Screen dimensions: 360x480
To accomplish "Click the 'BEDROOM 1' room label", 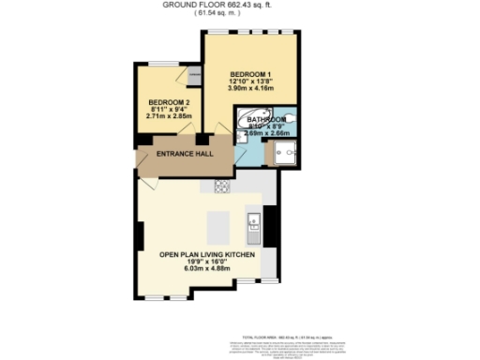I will click(250, 74).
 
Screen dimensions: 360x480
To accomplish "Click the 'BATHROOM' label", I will click(266, 121).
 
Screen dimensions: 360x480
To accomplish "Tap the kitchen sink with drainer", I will click(252, 224).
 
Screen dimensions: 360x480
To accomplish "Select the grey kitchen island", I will click(218, 226).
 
